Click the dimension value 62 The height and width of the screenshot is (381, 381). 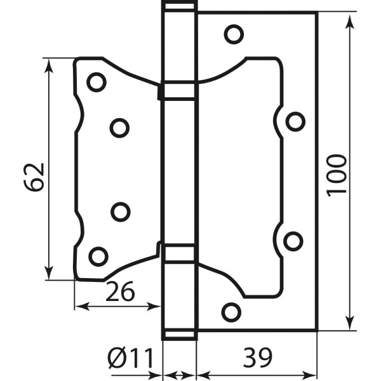point(36,176)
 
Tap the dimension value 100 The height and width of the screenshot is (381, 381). point(337,173)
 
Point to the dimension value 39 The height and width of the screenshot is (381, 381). point(257,358)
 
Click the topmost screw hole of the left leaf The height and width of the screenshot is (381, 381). point(97,81)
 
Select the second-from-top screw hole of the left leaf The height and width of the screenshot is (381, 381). point(119,128)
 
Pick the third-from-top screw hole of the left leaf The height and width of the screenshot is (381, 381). point(119,211)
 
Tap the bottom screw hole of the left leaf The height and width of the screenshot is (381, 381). point(98,256)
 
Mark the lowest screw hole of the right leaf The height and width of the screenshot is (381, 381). point(231,311)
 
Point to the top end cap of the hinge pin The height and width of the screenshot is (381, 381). point(179,6)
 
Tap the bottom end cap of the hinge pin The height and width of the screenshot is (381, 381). point(179,335)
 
